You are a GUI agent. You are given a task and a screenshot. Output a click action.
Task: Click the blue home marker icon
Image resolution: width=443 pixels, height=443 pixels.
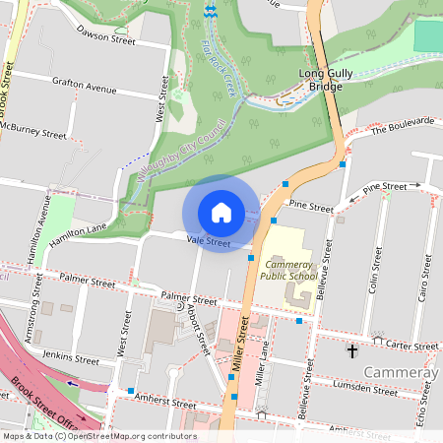point(221,213)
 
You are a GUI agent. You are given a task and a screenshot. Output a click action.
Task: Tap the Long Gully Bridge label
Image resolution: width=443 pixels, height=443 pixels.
point(320,80)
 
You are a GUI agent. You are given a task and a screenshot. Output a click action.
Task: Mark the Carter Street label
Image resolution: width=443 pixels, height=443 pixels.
point(411,347)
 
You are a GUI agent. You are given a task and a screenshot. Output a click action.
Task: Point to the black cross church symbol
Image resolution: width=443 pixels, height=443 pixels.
point(351,350)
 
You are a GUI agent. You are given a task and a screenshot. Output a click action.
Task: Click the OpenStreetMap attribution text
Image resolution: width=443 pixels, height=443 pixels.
point(98,435)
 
